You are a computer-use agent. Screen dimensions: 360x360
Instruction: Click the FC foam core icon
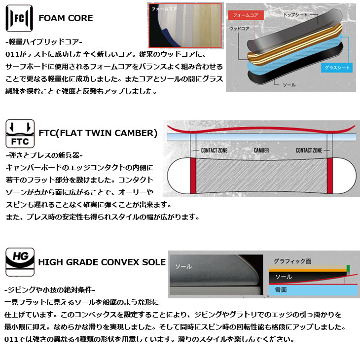click(x=19, y=18)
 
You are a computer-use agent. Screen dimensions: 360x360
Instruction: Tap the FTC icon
click(x=19, y=134)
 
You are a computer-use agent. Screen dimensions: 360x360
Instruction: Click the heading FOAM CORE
click(x=66, y=18)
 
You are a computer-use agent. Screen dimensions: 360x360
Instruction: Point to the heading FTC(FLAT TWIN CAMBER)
click(x=98, y=133)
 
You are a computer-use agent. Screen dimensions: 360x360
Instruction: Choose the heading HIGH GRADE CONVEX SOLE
click(x=102, y=262)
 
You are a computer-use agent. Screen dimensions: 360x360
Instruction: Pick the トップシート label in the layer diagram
click(x=295, y=15)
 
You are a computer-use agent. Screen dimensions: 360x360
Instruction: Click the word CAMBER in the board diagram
click(x=261, y=150)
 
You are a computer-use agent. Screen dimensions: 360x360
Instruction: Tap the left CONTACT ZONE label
click(x=214, y=150)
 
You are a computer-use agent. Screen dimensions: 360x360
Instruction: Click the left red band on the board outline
click(x=193, y=176)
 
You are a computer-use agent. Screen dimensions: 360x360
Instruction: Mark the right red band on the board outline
click(x=328, y=176)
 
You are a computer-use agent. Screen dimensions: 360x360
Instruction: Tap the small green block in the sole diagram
click(x=348, y=270)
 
